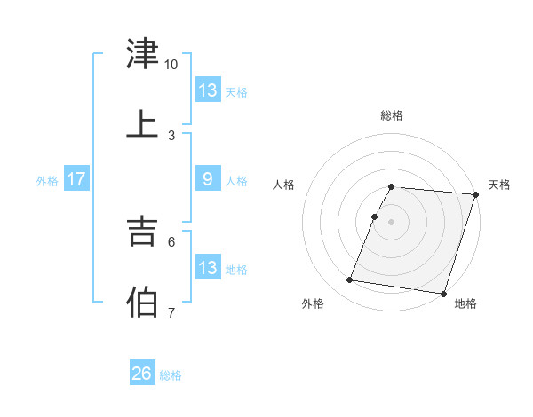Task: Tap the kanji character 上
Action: (x=143, y=123)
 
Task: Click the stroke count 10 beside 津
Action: (x=171, y=65)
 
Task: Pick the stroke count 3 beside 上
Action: (x=171, y=136)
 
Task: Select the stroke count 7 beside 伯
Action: (x=171, y=313)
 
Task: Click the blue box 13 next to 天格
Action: (x=208, y=90)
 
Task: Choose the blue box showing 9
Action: (x=208, y=179)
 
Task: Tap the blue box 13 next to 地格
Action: (x=208, y=268)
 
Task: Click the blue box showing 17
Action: (x=76, y=179)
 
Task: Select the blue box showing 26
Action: (x=141, y=374)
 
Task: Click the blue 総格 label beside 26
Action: (x=171, y=375)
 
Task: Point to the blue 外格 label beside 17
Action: (x=47, y=181)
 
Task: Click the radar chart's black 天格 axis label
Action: (x=499, y=185)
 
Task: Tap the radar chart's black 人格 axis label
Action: (x=283, y=185)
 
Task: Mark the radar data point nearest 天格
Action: (x=475, y=194)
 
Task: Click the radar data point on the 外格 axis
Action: (x=350, y=280)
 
